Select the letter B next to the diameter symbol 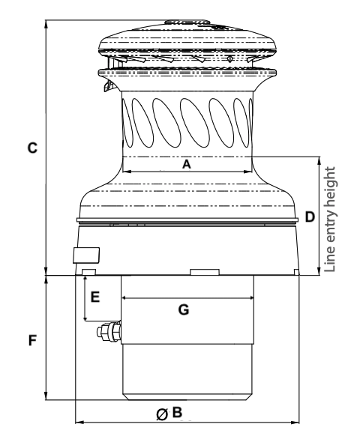click(x=177, y=412)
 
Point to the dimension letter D click(x=309, y=217)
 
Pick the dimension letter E click(x=94, y=297)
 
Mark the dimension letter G click(x=183, y=308)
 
